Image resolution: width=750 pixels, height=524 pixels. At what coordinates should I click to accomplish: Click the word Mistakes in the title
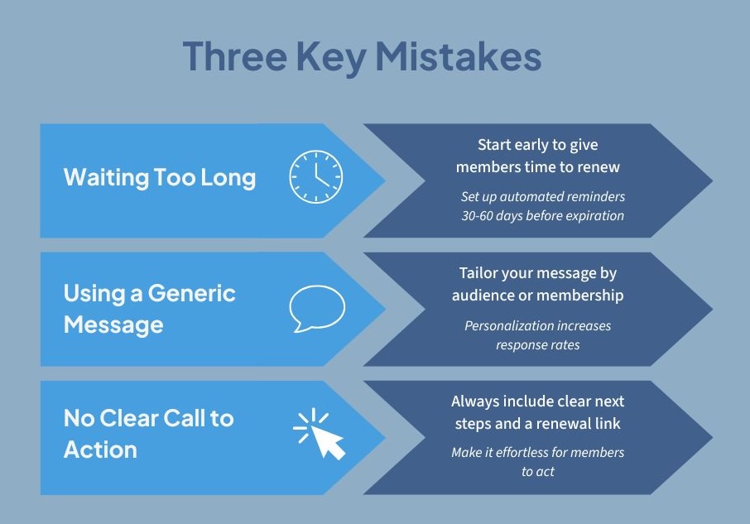(459, 56)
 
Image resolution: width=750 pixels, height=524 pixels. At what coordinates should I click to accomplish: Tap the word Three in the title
(235, 56)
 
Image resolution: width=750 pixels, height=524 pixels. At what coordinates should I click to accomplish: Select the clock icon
(316, 176)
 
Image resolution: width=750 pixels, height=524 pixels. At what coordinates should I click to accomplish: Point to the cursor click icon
(320, 434)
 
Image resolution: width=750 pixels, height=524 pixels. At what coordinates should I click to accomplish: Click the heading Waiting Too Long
(160, 177)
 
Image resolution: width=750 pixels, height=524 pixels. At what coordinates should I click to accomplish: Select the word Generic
(192, 293)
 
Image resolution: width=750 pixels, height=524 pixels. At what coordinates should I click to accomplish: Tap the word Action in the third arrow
(100, 449)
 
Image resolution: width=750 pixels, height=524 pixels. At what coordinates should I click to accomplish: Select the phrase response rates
(537, 345)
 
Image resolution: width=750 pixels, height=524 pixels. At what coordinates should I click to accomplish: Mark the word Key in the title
(331, 57)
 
